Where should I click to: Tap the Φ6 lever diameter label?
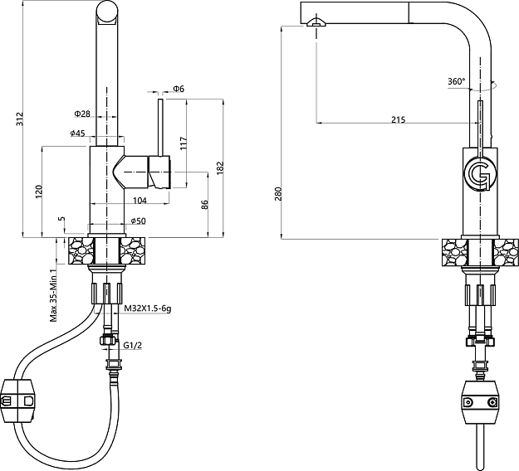point(179,89)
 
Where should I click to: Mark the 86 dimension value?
point(204,204)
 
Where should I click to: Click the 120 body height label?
point(38,192)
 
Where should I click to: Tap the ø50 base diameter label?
point(139,221)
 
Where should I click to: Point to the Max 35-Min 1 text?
point(52,294)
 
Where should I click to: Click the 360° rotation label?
point(456,81)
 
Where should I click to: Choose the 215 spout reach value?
point(398,120)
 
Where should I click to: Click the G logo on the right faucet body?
point(479,174)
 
